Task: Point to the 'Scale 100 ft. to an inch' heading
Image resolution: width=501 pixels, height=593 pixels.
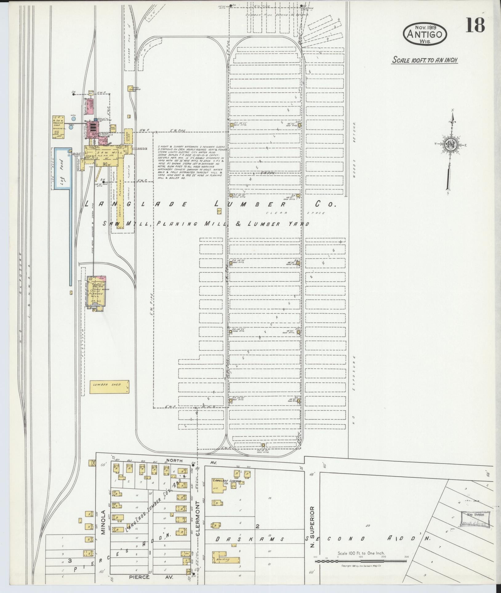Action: [425, 60]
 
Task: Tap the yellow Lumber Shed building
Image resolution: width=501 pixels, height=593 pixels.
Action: [109, 387]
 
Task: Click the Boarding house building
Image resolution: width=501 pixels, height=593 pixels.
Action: [226, 559]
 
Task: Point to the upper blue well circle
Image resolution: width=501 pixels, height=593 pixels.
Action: [73, 118]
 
